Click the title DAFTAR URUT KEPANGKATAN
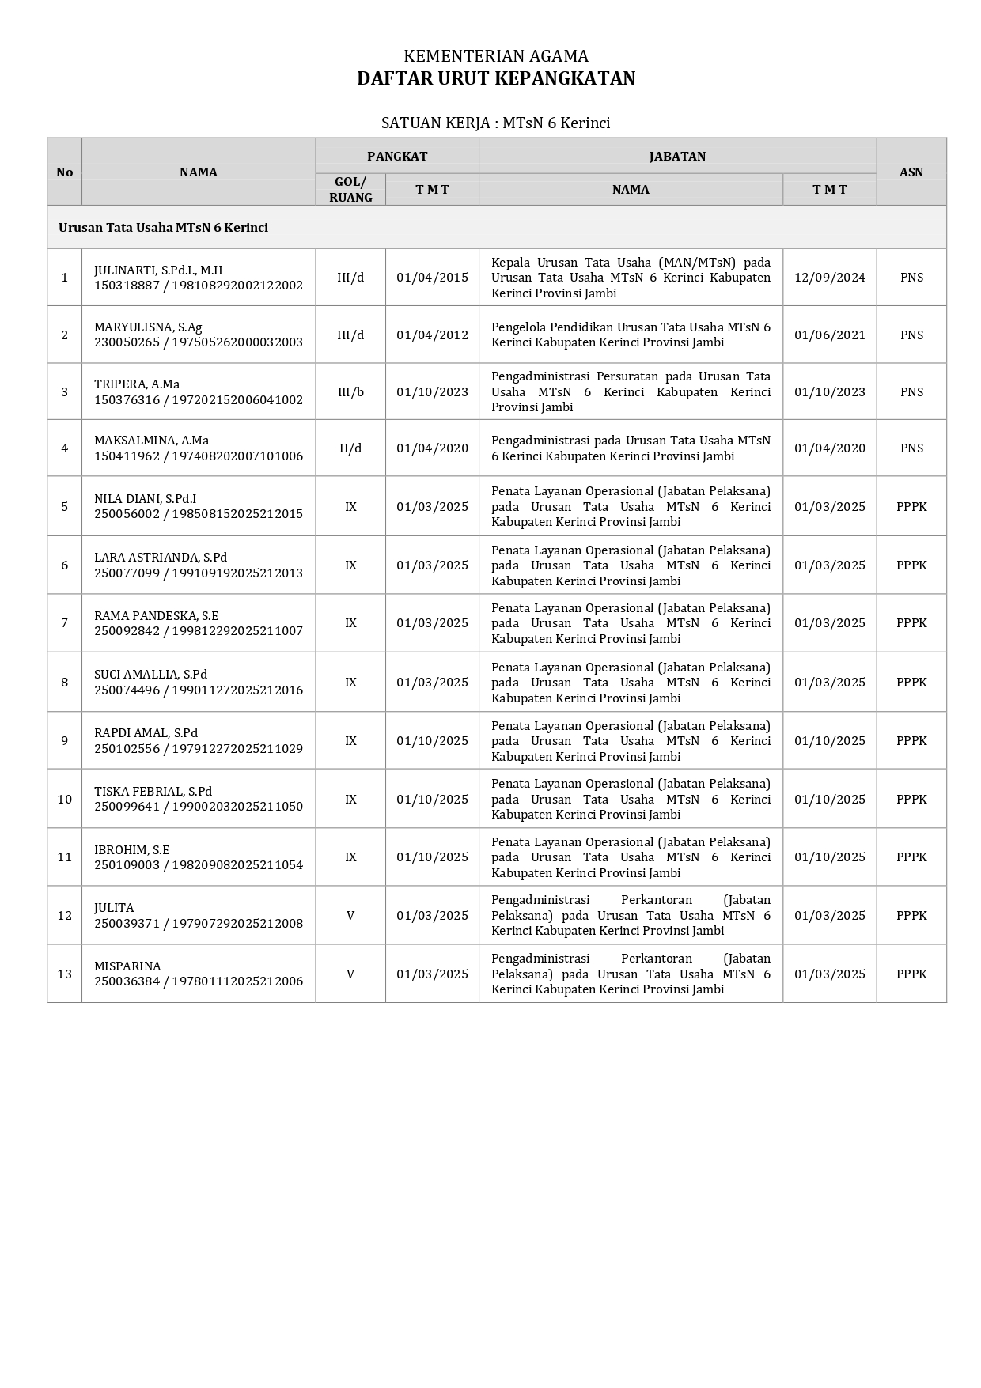pos(496,78)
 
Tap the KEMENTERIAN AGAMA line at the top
pos(496,56)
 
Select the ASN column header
pos(911,172)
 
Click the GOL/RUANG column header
pos(350,190)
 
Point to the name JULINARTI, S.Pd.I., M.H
pos(158,270)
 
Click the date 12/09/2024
pos(829,278)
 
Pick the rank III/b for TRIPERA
pos(350,392)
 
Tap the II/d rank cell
pos(350,448)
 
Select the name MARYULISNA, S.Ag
pos(148,327)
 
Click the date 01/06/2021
pos(829,335)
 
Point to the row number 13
pos(65,974)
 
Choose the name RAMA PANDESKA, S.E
pos(157,615)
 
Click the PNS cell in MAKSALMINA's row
pos(911,448)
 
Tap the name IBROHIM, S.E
pos(132,849)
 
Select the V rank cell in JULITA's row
pos(350,916)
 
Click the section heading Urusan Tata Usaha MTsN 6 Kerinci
pos(163,228)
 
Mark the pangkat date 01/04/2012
pos(432,335)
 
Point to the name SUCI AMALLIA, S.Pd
pos(150,675)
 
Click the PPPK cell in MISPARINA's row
pos(911,974)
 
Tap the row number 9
pos(65,741)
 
